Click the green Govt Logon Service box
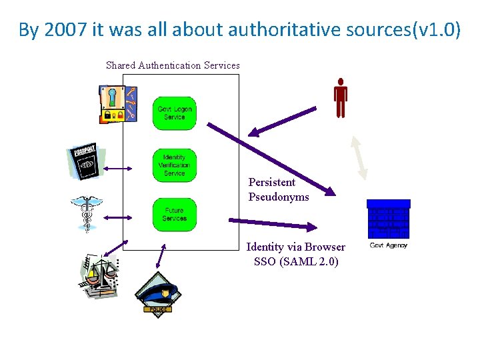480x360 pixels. coord(174,113)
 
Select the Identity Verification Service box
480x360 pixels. coord(174,165)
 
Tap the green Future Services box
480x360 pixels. coord(174,215)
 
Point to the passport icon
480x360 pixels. coord(85,162)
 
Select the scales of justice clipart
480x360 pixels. coord(97,274)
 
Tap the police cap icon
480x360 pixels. coord(157,293)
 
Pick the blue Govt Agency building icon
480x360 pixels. coord(389,219)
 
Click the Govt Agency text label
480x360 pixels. coord(389,245)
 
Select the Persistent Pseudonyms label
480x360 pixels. coord(279,189)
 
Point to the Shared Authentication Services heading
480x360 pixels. coord(173,65)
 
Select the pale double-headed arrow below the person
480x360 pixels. coord(361,157)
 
